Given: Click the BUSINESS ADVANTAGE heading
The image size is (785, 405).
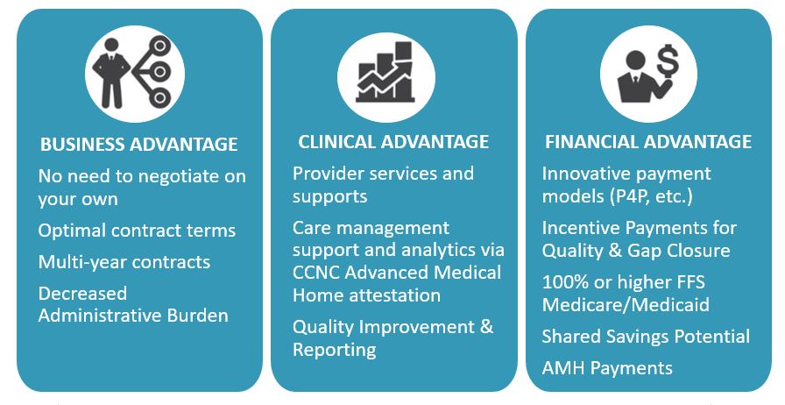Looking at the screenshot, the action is pos(139,145).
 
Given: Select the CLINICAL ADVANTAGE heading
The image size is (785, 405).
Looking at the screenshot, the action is pos(393,142).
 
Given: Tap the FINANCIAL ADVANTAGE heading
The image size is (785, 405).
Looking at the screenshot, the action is pos(648,142).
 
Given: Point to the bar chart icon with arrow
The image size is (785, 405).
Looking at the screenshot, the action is pos(385,72).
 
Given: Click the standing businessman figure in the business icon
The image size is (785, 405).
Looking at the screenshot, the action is pos(111,73).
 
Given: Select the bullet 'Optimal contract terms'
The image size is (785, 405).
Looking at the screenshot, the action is pos(137,231).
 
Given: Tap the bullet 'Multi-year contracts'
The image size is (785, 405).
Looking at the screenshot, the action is pos(124,262).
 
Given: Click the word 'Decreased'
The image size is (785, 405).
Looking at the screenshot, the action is pos(82,293).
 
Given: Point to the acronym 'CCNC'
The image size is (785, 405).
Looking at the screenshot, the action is pos(316,273).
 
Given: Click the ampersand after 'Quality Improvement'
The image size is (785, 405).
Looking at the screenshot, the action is pos(486,327).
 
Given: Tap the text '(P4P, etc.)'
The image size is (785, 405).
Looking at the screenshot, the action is pos(651,196).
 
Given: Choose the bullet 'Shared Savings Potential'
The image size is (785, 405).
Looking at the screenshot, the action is pos(646,337).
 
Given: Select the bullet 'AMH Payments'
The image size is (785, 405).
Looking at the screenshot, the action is pos(607,368).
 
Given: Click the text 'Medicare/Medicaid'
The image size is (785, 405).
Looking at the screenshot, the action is pos(626,305).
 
